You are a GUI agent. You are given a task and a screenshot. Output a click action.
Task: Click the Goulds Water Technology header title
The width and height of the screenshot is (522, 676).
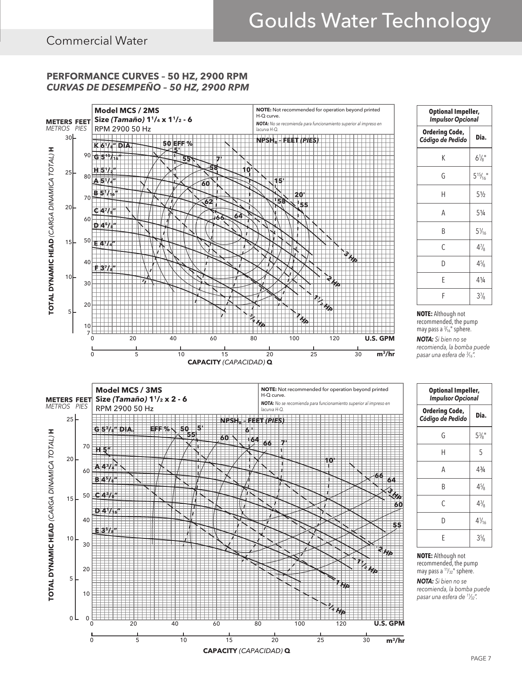click(x=369, y=21)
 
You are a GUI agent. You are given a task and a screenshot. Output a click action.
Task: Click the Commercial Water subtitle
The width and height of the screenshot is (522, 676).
click(x=97, y=41)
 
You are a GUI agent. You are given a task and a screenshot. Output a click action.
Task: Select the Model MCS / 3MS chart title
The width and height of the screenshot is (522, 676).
click(x=129, y=390)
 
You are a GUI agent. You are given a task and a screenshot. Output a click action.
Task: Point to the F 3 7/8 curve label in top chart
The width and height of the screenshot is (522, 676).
click(x=105, y=268)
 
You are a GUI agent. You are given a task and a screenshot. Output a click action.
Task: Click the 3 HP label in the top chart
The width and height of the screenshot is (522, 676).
click(x=350, y=258)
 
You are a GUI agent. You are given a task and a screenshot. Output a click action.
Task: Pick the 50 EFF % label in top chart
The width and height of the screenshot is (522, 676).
click(x=177, y=143)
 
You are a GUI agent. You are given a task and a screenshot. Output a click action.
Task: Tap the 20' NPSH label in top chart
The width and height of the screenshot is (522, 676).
click(x=300, y=195)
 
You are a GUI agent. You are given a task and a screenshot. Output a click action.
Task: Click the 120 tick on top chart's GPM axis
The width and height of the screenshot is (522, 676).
click(x=334, y=339)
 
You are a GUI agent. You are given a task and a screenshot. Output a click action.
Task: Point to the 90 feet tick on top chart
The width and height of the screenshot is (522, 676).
click(x=87, y=156)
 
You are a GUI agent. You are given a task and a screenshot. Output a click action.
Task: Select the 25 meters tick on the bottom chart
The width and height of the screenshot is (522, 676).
click(x=70, y=420)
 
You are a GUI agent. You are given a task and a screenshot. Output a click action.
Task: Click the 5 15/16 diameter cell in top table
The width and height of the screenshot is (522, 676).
click(x=481, y=176)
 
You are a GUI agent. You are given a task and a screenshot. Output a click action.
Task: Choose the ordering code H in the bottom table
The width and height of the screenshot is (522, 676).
click(x=443, y=453)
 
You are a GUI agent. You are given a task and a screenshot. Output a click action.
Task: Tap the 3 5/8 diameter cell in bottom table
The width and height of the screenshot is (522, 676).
click(x=481, y=538)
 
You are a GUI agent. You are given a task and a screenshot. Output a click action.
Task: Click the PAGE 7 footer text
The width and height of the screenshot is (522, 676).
click(x=481, y=659)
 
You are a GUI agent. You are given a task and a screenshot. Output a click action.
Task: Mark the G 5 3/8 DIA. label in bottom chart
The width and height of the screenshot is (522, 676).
click(x=114, y=430)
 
